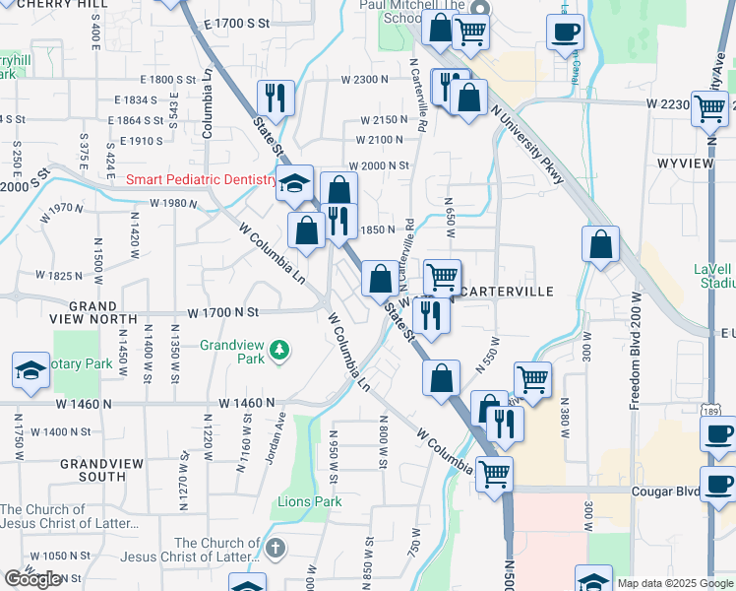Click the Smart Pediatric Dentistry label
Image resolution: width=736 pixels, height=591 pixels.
[203, 180]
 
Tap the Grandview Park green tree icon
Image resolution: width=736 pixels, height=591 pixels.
[280, 350]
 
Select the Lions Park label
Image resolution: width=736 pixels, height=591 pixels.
[310, 502]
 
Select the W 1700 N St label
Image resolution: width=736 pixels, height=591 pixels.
[223, 312]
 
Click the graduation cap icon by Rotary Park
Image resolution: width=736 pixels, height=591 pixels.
[31, 370]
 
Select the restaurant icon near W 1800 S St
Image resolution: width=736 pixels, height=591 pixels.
[275, 98]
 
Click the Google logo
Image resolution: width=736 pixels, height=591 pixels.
[32, 579]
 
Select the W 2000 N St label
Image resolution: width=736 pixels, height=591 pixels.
[378, 166]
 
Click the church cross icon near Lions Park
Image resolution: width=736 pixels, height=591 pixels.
[276, 548]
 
